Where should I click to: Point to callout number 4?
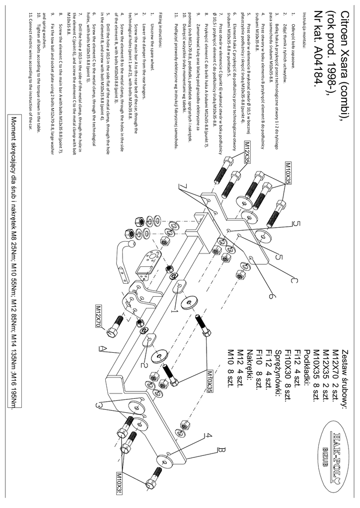click(x=209, y=436)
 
